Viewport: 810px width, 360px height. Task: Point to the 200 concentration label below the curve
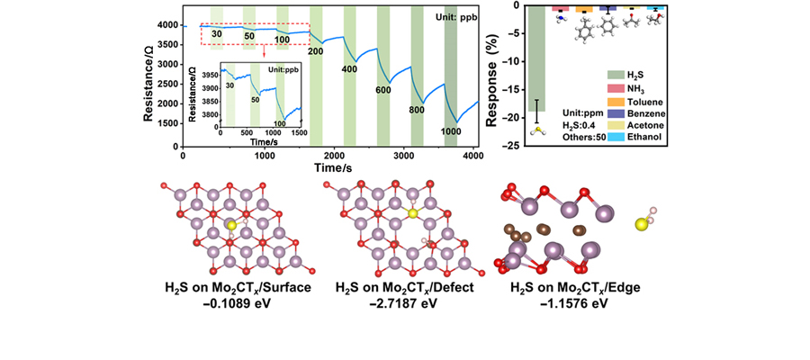(x=315, y=51)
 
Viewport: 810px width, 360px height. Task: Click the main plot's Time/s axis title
(x=330, y=168)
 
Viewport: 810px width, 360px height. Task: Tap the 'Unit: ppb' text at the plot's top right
(x=450, y=17)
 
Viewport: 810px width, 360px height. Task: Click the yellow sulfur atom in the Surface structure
(x=231, y=225)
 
